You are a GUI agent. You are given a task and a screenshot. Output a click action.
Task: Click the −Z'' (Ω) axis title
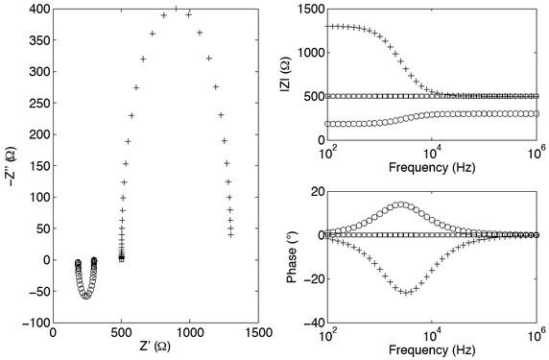(x=11, y=165)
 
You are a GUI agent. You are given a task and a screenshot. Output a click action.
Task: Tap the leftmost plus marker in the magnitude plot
(x=329, y=26)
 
